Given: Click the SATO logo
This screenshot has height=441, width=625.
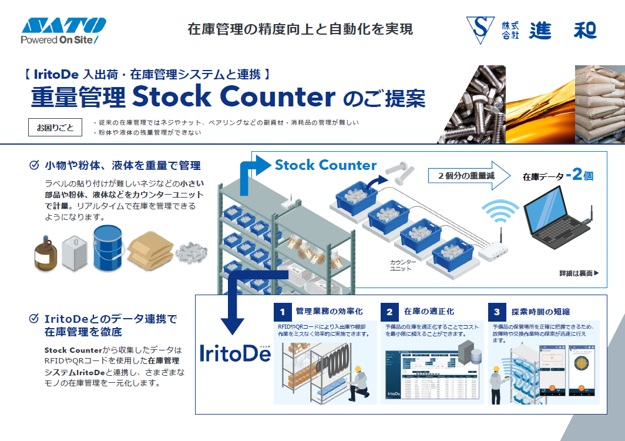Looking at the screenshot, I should point(63,26).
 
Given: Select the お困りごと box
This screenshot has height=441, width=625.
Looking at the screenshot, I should point(55,127).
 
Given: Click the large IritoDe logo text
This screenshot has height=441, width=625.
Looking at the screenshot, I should point(235,352).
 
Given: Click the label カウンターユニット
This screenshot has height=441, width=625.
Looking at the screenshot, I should point(403,265).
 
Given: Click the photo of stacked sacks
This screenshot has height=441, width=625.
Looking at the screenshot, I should point(599,104).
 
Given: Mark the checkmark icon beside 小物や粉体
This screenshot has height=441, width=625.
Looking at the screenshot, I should point(34,165).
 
